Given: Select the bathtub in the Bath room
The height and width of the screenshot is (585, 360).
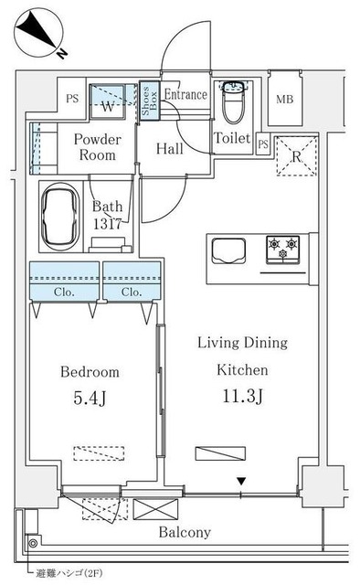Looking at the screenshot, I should point(63,217).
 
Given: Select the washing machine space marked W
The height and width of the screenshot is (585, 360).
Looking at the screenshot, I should point(109,103).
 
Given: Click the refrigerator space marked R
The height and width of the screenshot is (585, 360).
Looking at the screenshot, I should point(297,155).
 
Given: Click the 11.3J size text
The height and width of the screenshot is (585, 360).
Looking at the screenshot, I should point(242,398).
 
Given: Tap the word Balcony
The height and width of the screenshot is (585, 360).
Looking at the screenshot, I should point(185,532).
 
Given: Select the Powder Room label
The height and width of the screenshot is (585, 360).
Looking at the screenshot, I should point(96,147).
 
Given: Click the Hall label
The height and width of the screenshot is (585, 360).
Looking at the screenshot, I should point(168,149).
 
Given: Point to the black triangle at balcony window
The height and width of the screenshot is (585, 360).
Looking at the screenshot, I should point(241,482).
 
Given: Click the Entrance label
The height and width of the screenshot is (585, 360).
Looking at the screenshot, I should point(186,94).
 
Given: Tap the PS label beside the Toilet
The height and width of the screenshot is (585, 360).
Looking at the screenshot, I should point(262,144).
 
